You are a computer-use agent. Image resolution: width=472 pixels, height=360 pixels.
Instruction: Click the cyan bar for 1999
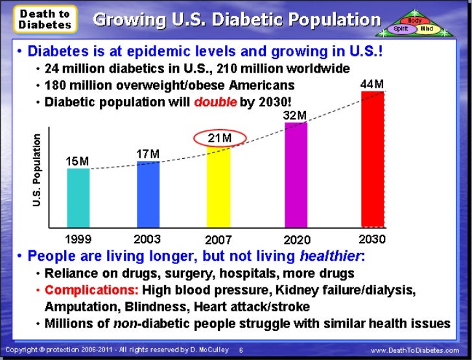tap(78, 198)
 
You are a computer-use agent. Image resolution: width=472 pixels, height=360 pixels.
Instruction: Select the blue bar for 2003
tap(148, 194)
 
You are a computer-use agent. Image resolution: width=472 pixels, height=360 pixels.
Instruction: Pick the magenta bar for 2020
tap(296, 174)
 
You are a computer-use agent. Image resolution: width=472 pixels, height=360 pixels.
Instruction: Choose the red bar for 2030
tap(372, 160)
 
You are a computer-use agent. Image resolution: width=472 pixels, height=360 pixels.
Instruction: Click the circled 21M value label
tap(219, 138)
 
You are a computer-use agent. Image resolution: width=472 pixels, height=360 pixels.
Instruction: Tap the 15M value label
tap(78, 160)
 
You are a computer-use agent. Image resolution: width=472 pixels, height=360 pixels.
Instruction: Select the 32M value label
tap(295, 115)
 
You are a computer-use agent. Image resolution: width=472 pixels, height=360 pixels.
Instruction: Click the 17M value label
tap(148, 153)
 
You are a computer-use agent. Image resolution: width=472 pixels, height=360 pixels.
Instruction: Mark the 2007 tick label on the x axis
tap(218, 240)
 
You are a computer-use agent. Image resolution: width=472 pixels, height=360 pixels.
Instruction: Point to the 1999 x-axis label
tap(78, 239)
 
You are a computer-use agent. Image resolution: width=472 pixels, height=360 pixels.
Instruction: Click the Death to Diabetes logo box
tap(45, 19)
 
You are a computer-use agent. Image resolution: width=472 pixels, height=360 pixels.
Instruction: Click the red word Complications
tap(90, 290)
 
